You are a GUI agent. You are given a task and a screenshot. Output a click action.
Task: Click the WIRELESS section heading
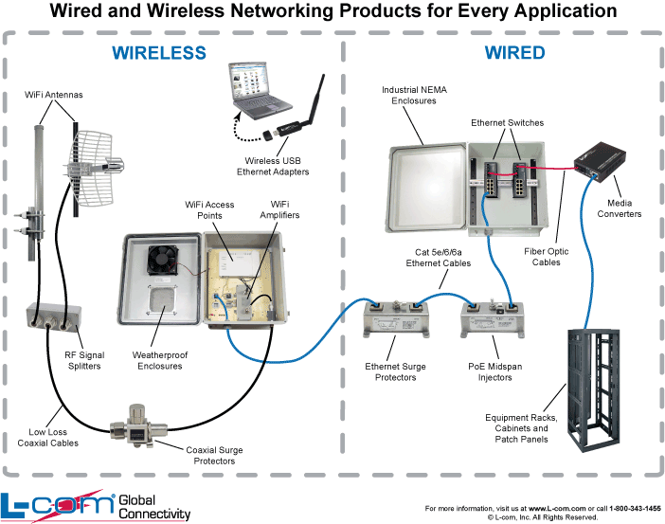click(159, 52)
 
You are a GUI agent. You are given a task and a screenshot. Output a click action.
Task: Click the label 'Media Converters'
click(618, 208)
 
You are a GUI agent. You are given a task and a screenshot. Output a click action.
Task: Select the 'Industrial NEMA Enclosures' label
click(408, 95)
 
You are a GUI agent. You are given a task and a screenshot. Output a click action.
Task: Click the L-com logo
click(56, 505)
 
